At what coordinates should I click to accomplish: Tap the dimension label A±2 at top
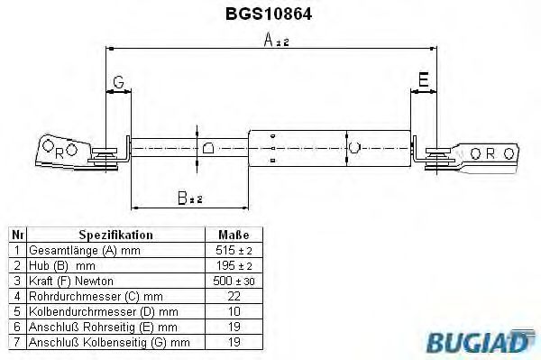(276, 41)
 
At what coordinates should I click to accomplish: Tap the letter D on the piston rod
(207, 147)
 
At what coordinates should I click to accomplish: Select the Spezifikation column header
(115, 234)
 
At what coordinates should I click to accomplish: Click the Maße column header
(234, 234)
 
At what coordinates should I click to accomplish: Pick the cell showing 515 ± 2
(234, 250)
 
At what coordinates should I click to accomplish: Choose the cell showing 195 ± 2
(234, 265)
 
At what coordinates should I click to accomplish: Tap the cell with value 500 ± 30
(234, 281)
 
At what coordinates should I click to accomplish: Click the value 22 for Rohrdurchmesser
(234, 296)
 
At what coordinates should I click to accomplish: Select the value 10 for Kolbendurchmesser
(234, 311)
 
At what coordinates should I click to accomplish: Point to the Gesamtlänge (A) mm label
(79, 250)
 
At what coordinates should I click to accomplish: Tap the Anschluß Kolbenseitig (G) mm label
(108, 342)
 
